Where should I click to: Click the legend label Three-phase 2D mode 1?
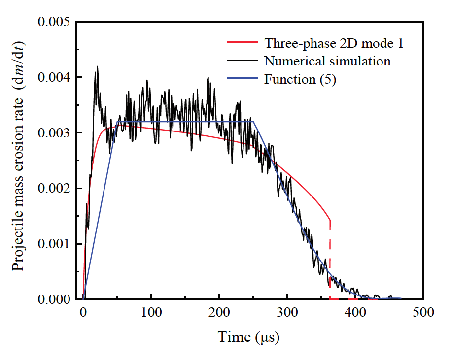[334, 43]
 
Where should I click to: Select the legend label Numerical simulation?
[327, 61]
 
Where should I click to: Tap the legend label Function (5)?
[300, 79]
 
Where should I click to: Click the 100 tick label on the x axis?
[151, 312]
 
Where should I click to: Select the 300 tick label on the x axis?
[287, 312]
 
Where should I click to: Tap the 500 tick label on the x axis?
[423, 312]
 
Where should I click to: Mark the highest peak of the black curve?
[97, 67]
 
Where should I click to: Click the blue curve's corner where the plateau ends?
[253, 122]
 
